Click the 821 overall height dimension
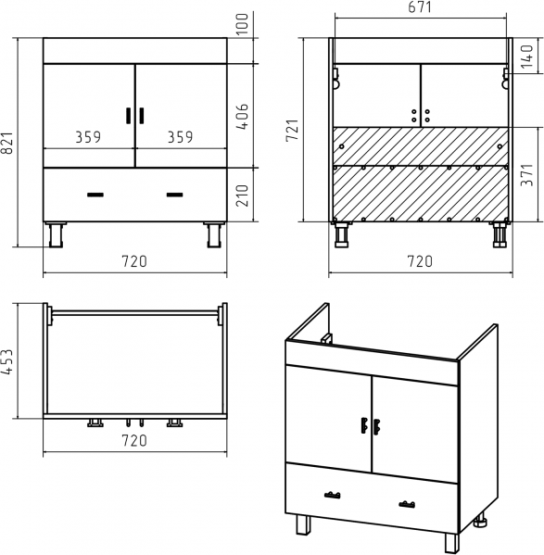coord(7,143)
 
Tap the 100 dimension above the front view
coord(243,24)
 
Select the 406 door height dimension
coord(243,117)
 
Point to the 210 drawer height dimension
coord(243,196)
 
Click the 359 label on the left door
coord(88,137)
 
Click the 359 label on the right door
coord(181,137)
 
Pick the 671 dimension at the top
coord(420,7)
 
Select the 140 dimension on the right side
coord(527,57)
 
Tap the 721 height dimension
coord(293,131)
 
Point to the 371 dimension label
coord(527,175)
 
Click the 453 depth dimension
coord(7,361)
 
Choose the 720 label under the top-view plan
coord(134,440)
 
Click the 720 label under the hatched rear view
coord(420,261)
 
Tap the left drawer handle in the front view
coord(95,195)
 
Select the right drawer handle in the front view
coord(175,195)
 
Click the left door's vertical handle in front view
coord(129,116)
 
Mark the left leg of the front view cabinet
coord(56,234)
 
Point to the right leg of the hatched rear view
coord(500,234)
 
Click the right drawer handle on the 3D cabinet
coord(407,504)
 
